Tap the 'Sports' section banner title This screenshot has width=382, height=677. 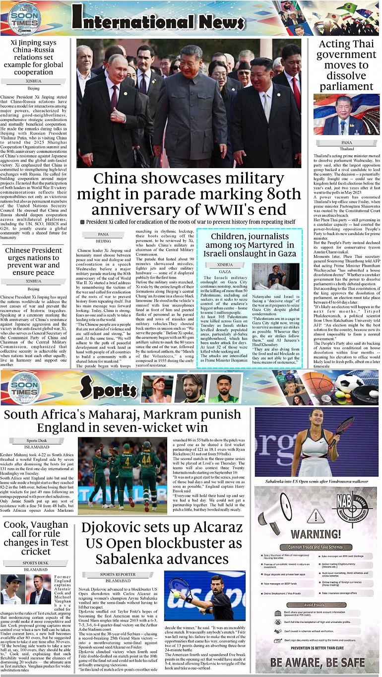[108, 389]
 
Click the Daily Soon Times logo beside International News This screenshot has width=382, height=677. [24, 18]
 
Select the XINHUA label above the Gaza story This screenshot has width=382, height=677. [225, 265]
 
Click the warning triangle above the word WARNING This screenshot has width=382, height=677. [315, 516]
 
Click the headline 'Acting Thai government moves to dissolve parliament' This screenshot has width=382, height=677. [346, 65]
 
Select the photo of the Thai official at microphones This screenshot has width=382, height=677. [346, 114]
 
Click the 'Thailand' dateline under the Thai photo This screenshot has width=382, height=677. [346, 149]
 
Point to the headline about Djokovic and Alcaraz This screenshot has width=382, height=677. [162, 543]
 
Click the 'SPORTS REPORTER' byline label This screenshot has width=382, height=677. [118, 574]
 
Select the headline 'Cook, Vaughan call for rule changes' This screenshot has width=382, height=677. [36, 538]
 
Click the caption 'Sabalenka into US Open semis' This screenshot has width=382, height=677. [317, 481]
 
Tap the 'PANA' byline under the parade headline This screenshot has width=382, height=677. [104, 234]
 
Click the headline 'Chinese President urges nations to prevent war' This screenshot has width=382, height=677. [34, 261]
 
